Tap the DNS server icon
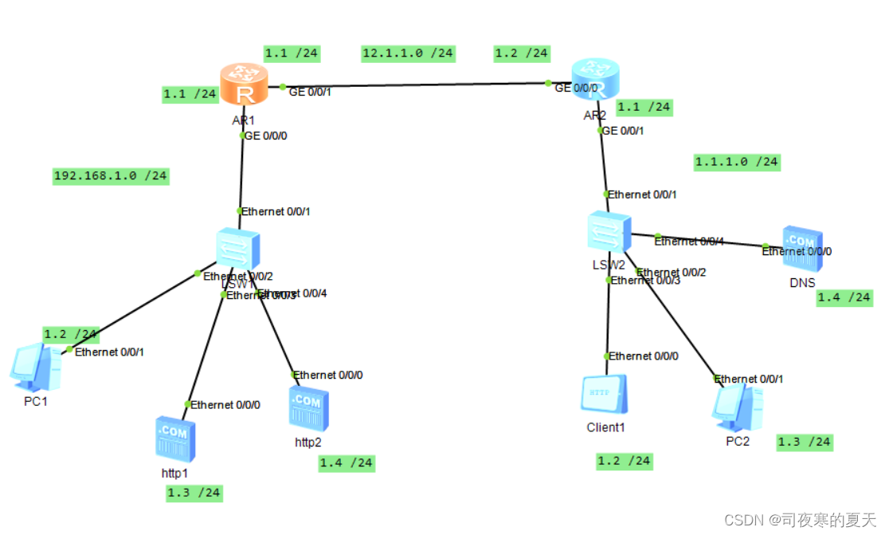click(802, 249)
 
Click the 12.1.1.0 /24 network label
click(408, 53)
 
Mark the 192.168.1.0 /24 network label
click(110, 175)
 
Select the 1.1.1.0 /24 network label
click(736, 162)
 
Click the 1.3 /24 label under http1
click(194, 493)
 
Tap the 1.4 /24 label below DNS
click(844, 297)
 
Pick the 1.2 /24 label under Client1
click(625, 461)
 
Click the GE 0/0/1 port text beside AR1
click(310, 92)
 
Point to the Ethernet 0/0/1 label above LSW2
click(643, 194)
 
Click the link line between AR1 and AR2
click(414, 84)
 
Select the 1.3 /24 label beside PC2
click(804, 442)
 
